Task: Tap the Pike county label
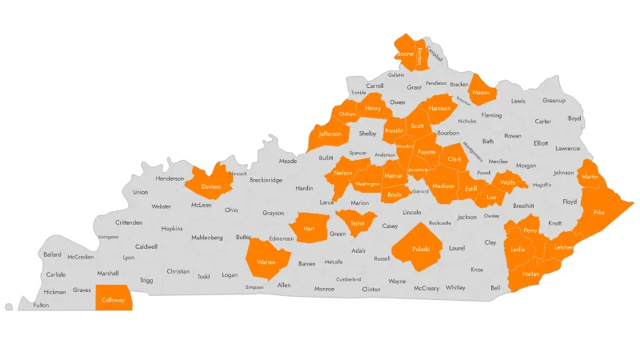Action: (x=599, y=213)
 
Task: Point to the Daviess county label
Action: (x=211, y=186)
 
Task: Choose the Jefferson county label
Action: (x=330, y=134)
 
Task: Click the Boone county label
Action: (x=406, y=54)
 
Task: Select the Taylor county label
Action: (x=358, y=223)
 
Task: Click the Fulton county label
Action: (x=42, y=305)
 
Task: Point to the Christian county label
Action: (x=178, y=272)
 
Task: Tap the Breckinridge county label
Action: (x=266, y=180)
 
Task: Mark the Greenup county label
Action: (x=554, y=101)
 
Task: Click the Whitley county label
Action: (x=455, y=287)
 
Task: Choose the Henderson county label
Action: (x=170, y=178)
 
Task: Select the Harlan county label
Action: (x=530, y=274)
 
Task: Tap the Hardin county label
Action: (x=304, y=188)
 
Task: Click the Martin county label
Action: (x=590, y=177)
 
